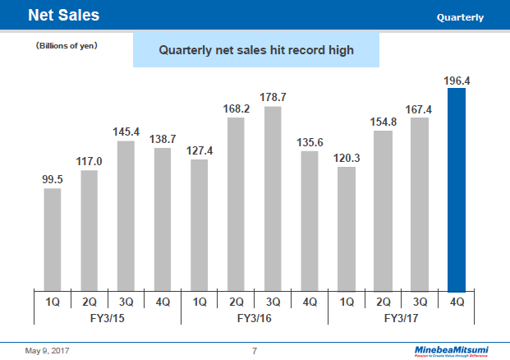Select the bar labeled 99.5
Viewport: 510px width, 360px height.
click(53, 239)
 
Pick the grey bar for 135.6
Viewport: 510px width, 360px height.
click(310, 220)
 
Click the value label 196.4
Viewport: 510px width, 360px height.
click(457, 81)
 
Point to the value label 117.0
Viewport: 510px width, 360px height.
click(90, 163)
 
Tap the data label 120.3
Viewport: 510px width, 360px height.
click(347, 159)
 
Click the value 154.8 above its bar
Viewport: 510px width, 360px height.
click(384, 122)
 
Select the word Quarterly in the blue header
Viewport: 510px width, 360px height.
click(460, 17)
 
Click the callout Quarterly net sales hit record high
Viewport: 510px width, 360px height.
click(255, 50)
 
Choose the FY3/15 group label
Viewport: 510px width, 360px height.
click(108, 317)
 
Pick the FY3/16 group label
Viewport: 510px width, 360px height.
click(255, 317)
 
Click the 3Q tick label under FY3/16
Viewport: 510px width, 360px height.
click(273, 302)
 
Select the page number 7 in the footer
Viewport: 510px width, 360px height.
click(255, 351)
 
